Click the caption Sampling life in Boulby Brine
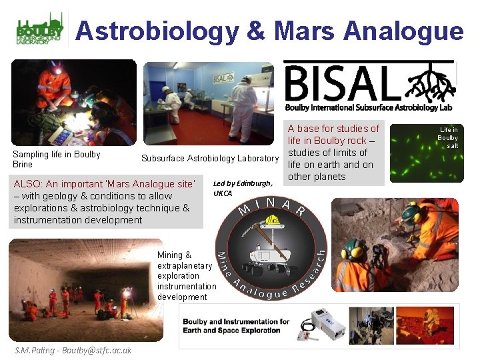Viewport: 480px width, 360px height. pyautogui.click(x=57, y=159)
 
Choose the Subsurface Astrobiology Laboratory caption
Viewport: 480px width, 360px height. pyautogui.click(x=209, y=158)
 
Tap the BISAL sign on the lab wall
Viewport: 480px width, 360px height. pyautogui.click(x=223, y=77)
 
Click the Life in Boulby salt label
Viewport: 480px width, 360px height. pyautogui.click(x=448, y=137)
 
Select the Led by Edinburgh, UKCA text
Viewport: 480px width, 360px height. pyautogui.click(x=243, y=188)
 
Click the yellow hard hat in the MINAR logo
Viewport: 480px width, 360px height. pyautogui.click(x=271, y=219)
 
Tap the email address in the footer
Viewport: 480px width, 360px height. pyautogui.click(x=73, y=350)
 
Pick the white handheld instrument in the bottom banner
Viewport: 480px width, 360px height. pyautogui.click(x=327, y=324)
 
